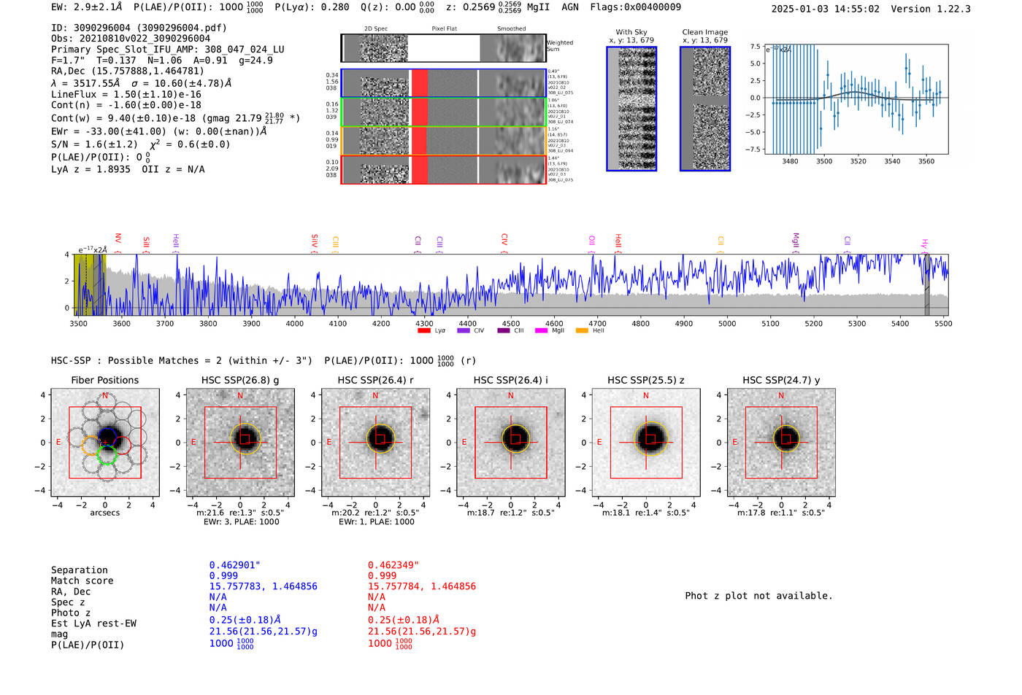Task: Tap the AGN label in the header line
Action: coord(569,7)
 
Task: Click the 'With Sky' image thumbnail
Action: coord(631,109)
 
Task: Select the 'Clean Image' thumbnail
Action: coord(704,109)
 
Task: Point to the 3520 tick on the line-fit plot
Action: coord(858,161)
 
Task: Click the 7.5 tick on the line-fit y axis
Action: coord(755,46)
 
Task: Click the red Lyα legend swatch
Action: coord(424,331)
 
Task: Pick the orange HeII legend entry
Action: coord(582,331)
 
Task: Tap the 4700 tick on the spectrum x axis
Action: coord(597,323)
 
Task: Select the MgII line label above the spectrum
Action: coord(796,241)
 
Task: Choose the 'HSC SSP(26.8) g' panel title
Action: coord(240,380)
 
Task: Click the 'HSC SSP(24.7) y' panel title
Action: coord(781,380)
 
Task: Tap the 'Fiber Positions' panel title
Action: coord(104,380)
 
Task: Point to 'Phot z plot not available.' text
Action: coord(758,596)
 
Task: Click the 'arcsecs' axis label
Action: coord(104,513)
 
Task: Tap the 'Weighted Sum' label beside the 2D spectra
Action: coord(559,46)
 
